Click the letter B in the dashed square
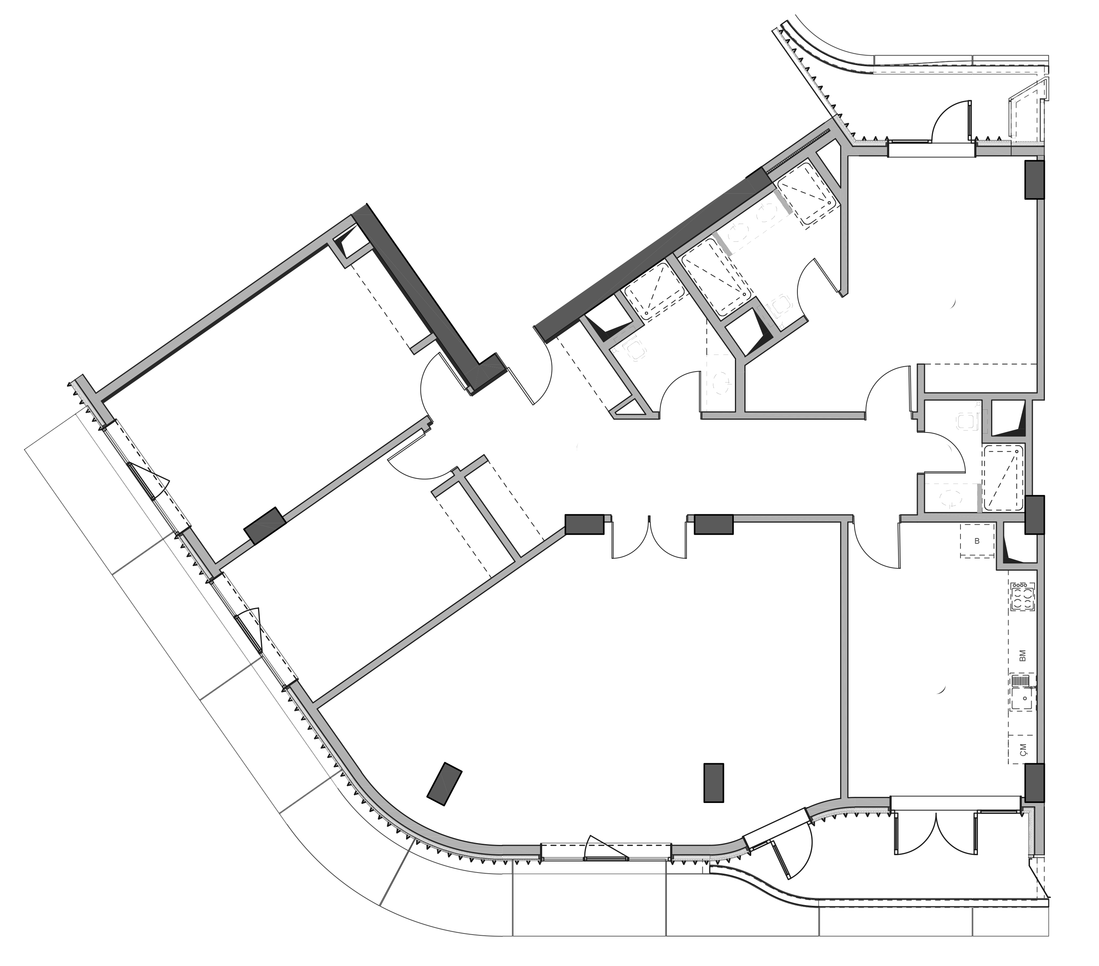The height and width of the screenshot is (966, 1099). pos(977,541)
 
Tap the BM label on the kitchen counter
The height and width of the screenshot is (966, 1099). pos(1022,655)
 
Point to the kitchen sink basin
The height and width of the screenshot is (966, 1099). pos(1023,699)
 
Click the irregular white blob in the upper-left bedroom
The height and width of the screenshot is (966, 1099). pos(277,385)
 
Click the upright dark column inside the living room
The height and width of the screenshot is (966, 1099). pos(713,783)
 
